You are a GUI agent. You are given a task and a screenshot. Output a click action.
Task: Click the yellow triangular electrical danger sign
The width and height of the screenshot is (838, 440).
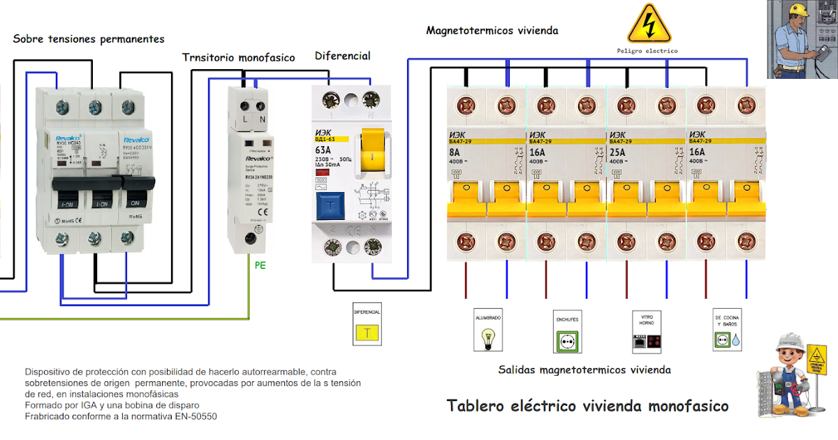[x=649, y=25]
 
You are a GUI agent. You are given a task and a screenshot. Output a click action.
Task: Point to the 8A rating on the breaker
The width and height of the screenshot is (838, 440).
[x=455, y=152]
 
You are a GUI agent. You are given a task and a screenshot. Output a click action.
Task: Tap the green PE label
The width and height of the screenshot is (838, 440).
[x=260, y=266]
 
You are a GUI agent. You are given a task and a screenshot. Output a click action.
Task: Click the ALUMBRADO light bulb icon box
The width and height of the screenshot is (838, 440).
[x=488, y=331]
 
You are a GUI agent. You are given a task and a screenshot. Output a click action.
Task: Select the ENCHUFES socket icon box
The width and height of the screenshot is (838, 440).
[x=567, y=331]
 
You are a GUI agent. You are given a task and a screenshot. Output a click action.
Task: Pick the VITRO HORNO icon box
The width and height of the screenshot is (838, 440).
[x=647, y=331]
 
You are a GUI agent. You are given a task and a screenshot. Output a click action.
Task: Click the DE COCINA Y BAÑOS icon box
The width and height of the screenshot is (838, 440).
[x=726, y=330]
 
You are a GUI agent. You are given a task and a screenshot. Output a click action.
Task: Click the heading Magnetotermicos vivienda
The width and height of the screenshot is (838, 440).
[x=492, y=31]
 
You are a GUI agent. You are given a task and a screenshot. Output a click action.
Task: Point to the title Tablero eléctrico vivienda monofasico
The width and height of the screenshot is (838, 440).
[x=587, y=406]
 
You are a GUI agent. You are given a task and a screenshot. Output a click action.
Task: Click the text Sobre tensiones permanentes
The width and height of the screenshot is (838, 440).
[x=89, y=39]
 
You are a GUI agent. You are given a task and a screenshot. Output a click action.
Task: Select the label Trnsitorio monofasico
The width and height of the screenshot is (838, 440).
[x=239, y=57]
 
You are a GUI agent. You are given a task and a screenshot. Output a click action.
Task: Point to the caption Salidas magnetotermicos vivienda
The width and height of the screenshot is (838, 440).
[x=584, y=369]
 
